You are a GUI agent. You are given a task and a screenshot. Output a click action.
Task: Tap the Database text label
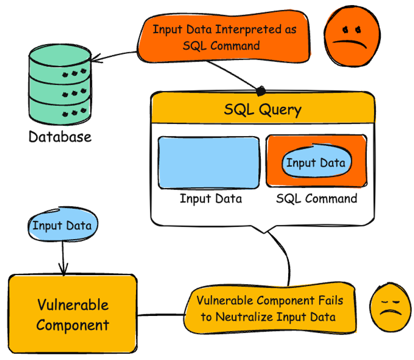point(60,137)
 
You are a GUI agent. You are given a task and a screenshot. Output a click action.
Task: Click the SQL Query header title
point(262,110)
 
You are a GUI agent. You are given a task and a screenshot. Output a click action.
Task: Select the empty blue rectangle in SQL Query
point(209,162)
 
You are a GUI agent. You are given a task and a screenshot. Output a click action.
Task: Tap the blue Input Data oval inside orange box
point(315,163)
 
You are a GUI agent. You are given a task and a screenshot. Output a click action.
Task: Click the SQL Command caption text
point(316,198)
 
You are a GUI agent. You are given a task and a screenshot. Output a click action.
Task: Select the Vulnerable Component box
point(73,314)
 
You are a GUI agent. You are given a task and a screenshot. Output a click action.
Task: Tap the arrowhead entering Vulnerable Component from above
point(63,270)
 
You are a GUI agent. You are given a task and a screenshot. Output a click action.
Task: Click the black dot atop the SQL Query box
point(261,92)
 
